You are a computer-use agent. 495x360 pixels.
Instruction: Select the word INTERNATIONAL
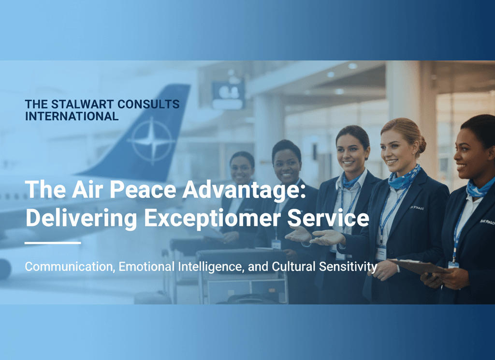[72, 116]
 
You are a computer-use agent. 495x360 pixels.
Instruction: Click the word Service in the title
[328, 217]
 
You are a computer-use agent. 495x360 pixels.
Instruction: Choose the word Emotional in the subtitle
[146, 266]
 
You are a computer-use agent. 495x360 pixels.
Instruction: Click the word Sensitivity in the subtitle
[348, 267]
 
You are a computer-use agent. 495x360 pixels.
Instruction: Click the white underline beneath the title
[53, 243]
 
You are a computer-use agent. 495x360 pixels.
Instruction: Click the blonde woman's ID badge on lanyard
[381, 253]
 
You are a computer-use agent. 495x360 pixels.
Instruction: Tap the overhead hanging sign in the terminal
[229, 93]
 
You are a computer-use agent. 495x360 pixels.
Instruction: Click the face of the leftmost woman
[241, 169]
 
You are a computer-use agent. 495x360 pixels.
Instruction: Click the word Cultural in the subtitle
[293, 266]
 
